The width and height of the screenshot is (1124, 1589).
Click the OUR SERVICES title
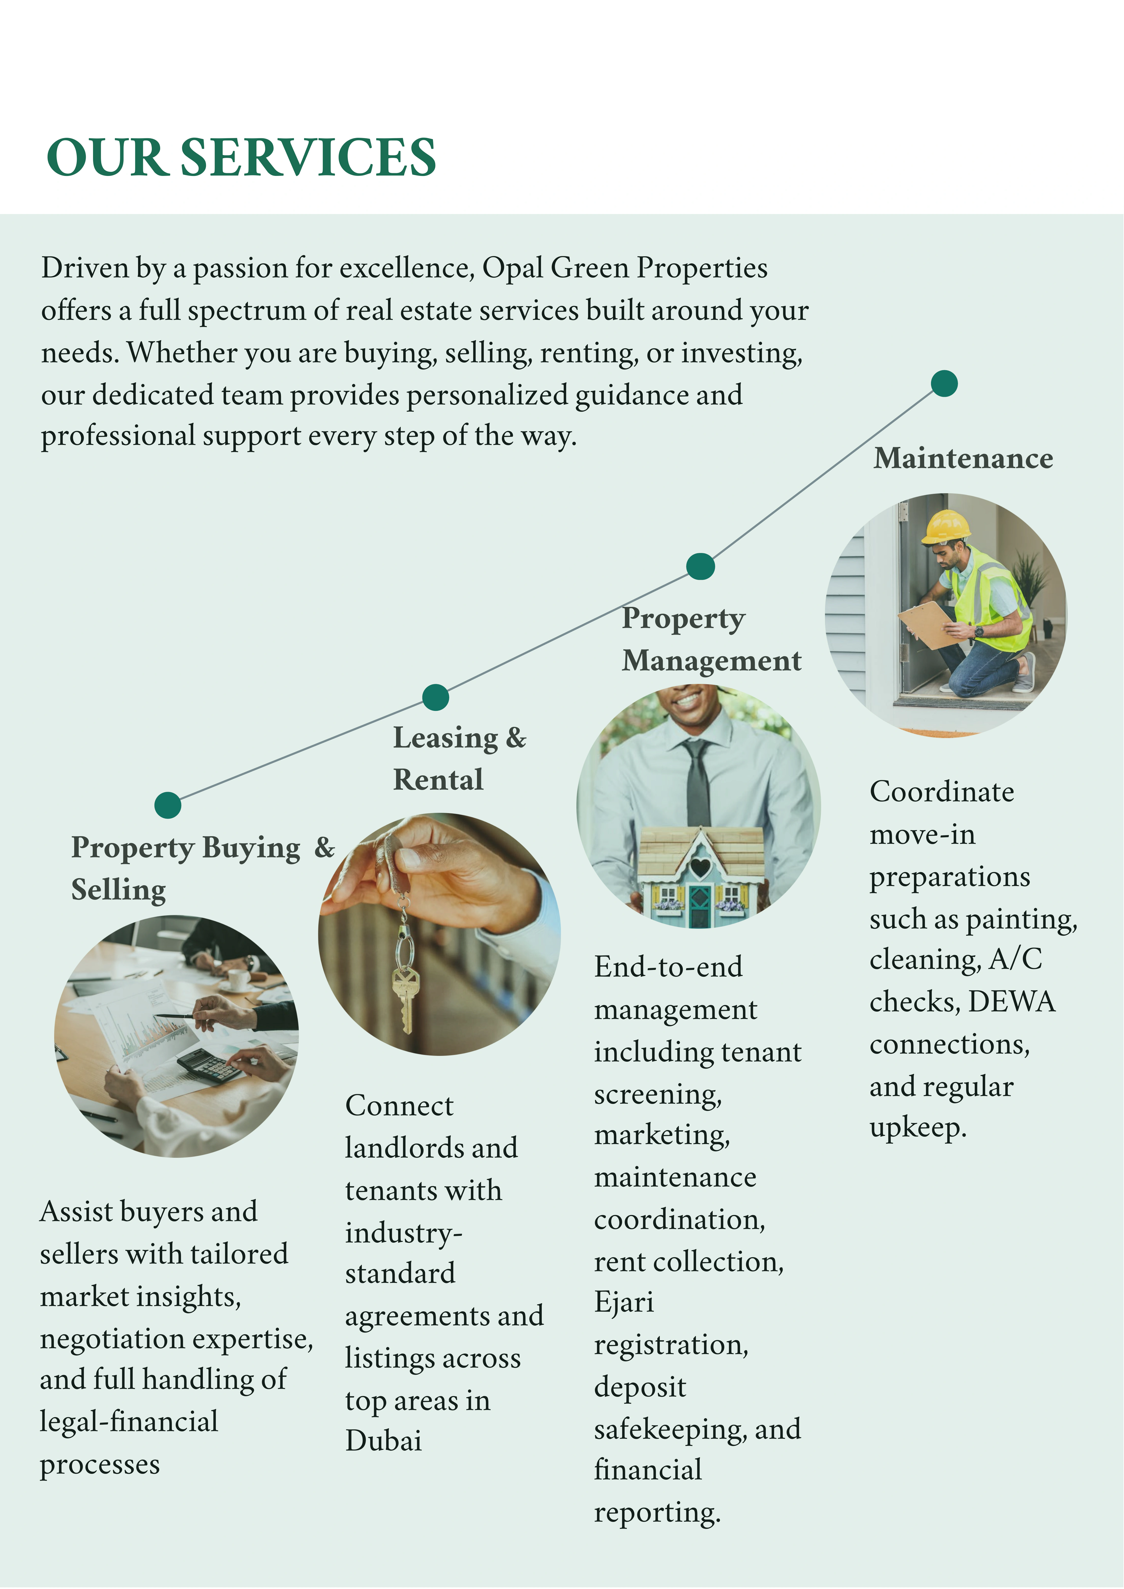coord(241,157)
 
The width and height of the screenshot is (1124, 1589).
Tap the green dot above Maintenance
coord(944,383)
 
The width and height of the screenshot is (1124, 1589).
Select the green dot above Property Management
coord(700,566)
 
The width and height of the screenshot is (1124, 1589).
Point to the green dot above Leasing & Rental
coord(435,697)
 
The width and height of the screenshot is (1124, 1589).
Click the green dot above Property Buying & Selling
coord(168,805)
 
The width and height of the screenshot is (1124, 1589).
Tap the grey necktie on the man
coord(698,782)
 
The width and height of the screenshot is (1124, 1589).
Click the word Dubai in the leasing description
coord(383,1441)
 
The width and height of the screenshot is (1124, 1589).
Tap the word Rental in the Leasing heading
coord(438,780)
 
